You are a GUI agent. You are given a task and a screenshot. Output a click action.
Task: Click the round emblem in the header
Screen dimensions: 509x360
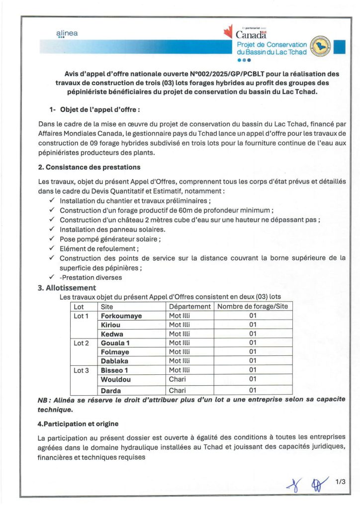tap(318, 46)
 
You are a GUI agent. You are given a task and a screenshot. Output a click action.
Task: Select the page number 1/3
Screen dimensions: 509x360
tap(340, 482)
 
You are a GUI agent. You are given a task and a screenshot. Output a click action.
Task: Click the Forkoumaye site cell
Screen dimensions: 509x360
tap(121, 316)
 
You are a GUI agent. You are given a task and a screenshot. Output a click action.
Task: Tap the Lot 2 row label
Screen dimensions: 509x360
tap(81, 342)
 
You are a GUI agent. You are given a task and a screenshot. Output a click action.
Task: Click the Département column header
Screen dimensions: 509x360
tap(190, 307)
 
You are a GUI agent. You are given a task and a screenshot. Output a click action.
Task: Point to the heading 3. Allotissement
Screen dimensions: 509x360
tap(67, 287)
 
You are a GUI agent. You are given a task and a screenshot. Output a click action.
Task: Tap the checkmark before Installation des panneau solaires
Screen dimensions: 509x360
tap(52, 229)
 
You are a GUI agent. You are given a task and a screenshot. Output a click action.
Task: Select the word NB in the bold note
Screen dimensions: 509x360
tap(43, 400)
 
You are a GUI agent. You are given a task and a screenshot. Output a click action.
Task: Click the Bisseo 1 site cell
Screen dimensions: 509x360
tap(115, 369)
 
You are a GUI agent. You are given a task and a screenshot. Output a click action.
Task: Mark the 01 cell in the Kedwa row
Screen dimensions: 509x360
tap(253, 334)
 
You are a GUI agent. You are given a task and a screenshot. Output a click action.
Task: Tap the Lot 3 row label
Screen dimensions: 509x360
tap(81, 369)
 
